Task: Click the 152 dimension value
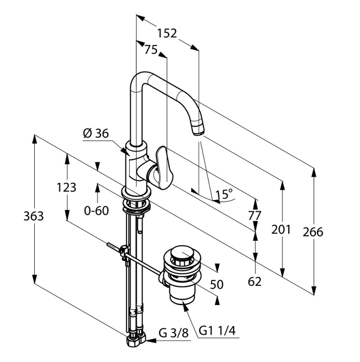click(167, 33)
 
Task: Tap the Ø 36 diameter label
click(96, 134)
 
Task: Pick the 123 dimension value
click(66, 188)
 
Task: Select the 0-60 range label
click(96, 210)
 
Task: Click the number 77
click(256, 215)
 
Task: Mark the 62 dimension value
click(255, 281)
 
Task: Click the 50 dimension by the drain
click(216, 284)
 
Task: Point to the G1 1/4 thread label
click(217, 331)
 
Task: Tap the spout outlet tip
click(198, 131)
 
